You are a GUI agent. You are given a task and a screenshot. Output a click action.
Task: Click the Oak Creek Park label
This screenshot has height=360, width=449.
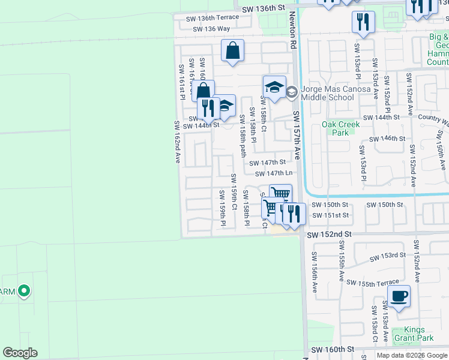pos(340,128)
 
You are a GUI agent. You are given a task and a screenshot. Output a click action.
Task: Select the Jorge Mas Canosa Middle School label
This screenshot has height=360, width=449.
pos(327,93)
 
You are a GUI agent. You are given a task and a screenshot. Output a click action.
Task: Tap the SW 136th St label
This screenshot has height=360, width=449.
pos(262,8)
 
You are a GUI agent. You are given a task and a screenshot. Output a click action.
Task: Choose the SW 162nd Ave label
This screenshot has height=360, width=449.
pos(177,142)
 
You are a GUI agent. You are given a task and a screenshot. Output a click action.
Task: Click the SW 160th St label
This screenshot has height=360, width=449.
pos(330,349)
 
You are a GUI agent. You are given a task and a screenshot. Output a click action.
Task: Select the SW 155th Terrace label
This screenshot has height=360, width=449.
pos(372,283)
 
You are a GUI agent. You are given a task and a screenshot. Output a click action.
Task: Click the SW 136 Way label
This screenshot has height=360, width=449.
pos(211,29)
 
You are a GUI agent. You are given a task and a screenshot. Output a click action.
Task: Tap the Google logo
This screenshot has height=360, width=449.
pos(20,353)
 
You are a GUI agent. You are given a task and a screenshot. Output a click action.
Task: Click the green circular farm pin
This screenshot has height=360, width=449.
pos(24,292)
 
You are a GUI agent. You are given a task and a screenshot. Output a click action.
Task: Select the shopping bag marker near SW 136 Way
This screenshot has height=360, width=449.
pos(232,52)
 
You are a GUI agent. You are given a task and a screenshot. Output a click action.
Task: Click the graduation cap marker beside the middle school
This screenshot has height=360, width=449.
pos(274,88)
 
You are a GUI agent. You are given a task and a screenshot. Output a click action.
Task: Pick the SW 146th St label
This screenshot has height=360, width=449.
pos(388,139)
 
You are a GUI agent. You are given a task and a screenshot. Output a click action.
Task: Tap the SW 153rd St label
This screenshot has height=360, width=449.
pos(387,256)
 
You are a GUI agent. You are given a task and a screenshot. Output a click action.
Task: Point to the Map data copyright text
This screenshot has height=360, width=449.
pos(412,355)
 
